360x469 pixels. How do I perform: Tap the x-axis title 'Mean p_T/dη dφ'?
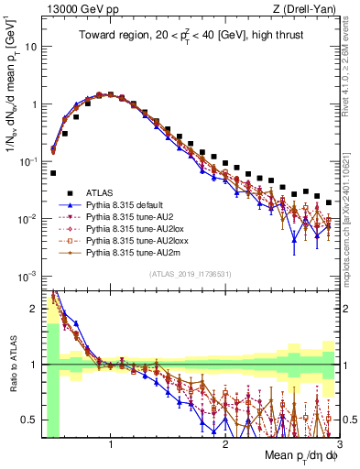(x=293, y=455)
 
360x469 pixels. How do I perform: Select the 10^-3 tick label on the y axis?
(x=27, y=276)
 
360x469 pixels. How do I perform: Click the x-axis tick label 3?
(x=338, y=443)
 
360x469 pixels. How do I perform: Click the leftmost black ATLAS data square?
(x=53, y=172)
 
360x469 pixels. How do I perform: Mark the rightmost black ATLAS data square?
(x=329, y=202)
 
